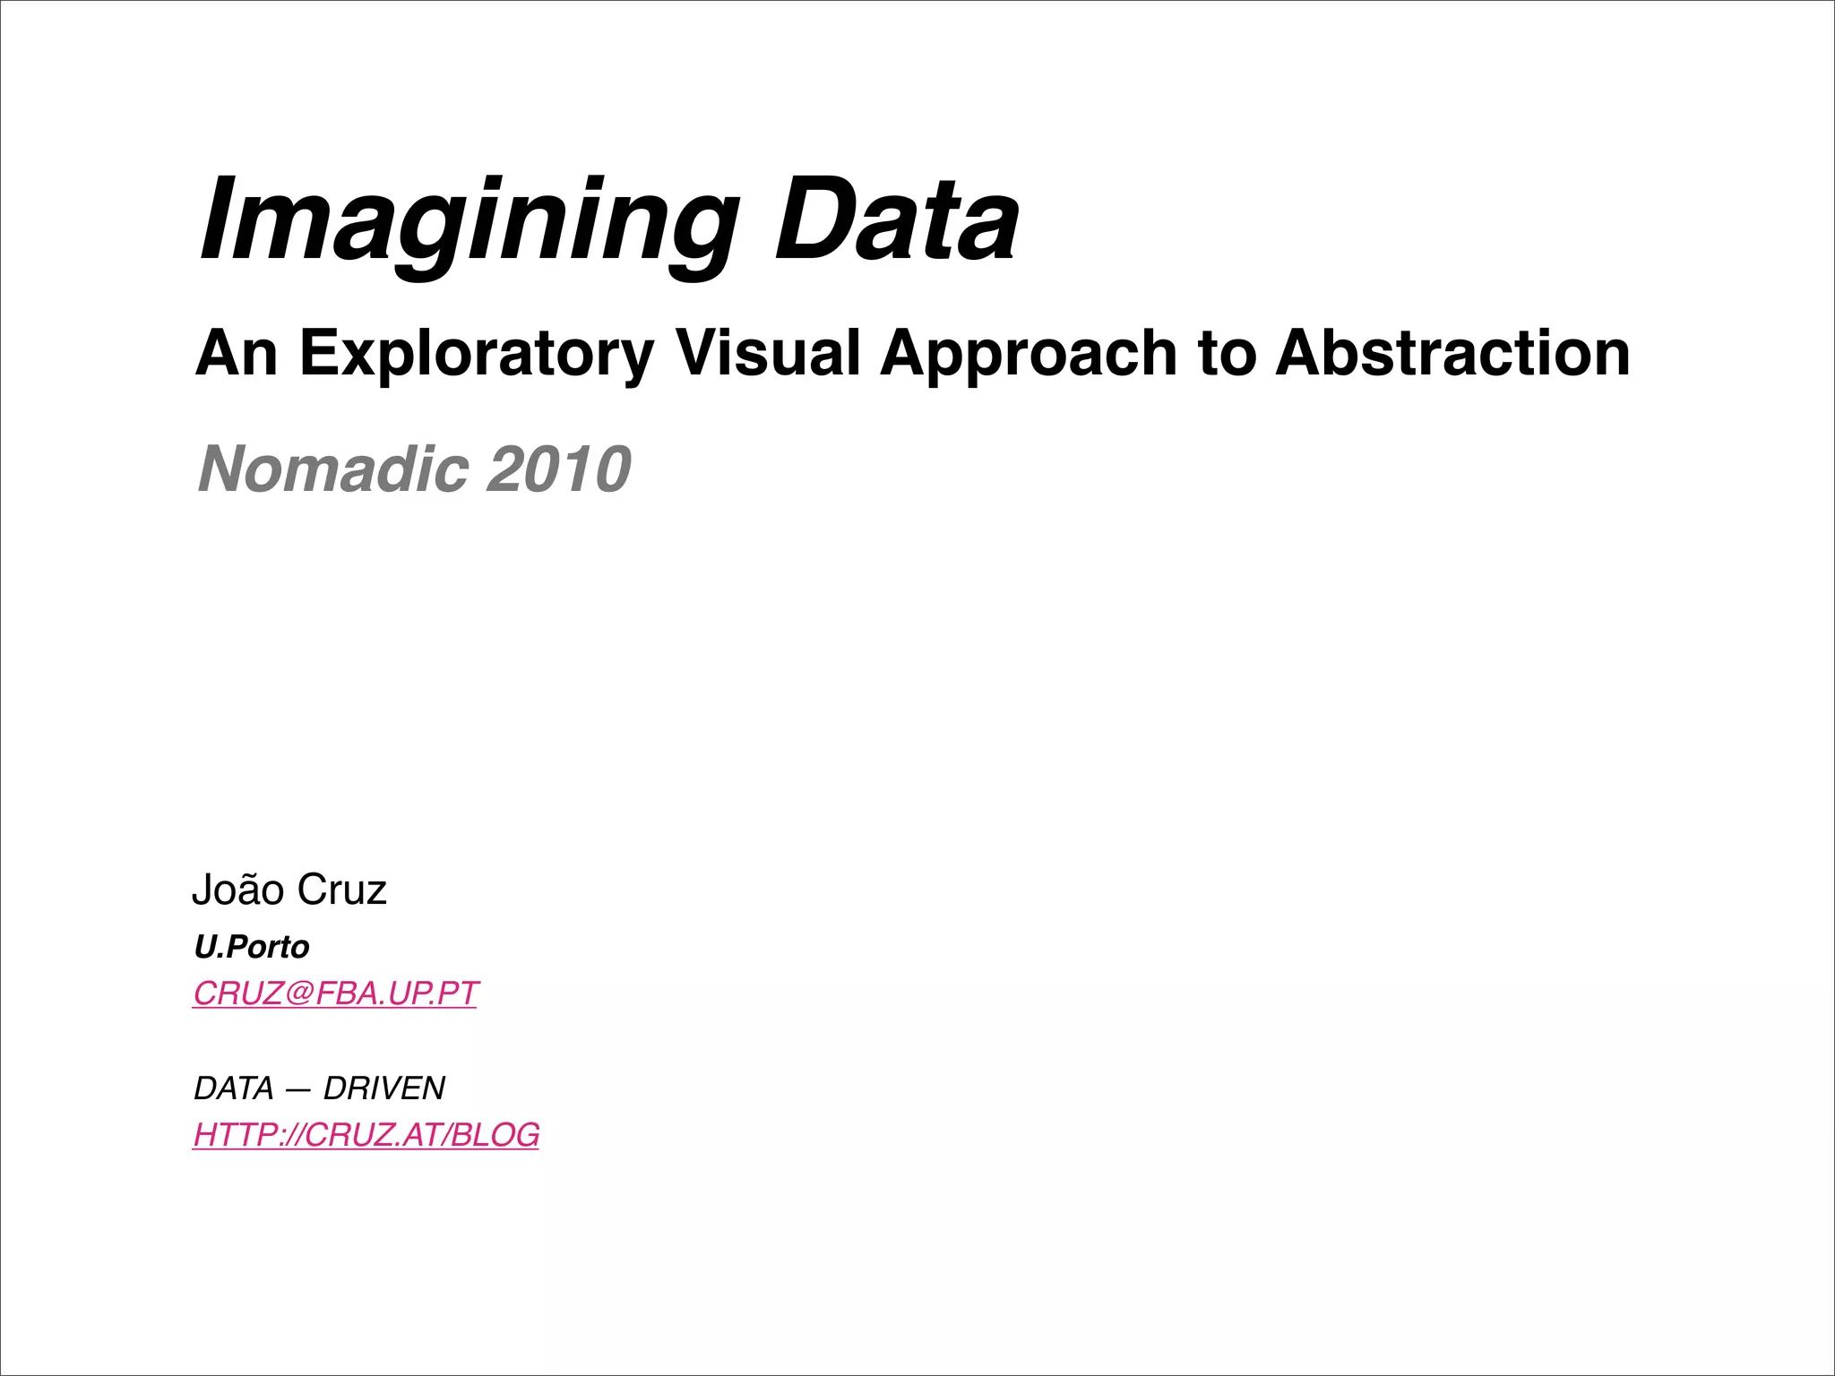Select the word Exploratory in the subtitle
[x=477, y=353]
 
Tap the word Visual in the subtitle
[x=768, y=353]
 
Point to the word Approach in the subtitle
[x=1029, y=353]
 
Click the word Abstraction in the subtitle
[x=1452, y=353]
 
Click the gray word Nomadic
[x=332, y=469]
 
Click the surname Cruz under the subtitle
[x=341, y=890]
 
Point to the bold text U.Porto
[x=252, y=947]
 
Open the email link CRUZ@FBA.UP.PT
[x=336, y=993]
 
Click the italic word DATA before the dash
[x=234, y=1088]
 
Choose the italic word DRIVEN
[x=384, y=1088]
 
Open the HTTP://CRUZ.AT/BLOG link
[x=366, y=1135]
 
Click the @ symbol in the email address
[x=300, y=993]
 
